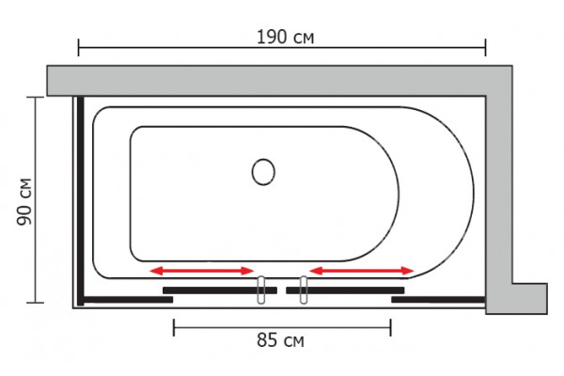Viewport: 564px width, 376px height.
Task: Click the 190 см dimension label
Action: (x=285, y=37)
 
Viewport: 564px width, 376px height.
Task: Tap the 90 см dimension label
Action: (x=24, y=201)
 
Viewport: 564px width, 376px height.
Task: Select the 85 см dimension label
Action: (x=280, y=339)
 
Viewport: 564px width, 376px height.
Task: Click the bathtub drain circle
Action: (x=263, y=172)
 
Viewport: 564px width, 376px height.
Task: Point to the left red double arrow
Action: (x=202, y=271)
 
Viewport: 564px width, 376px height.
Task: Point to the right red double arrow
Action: (x=362, y=271)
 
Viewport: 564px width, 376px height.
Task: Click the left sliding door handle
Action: (x=261, y=290)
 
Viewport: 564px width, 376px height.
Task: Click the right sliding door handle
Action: (x=304, y=290)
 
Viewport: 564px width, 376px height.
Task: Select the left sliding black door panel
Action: (x=220, y=290)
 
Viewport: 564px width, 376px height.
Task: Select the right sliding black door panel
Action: (x=345, y=290)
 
